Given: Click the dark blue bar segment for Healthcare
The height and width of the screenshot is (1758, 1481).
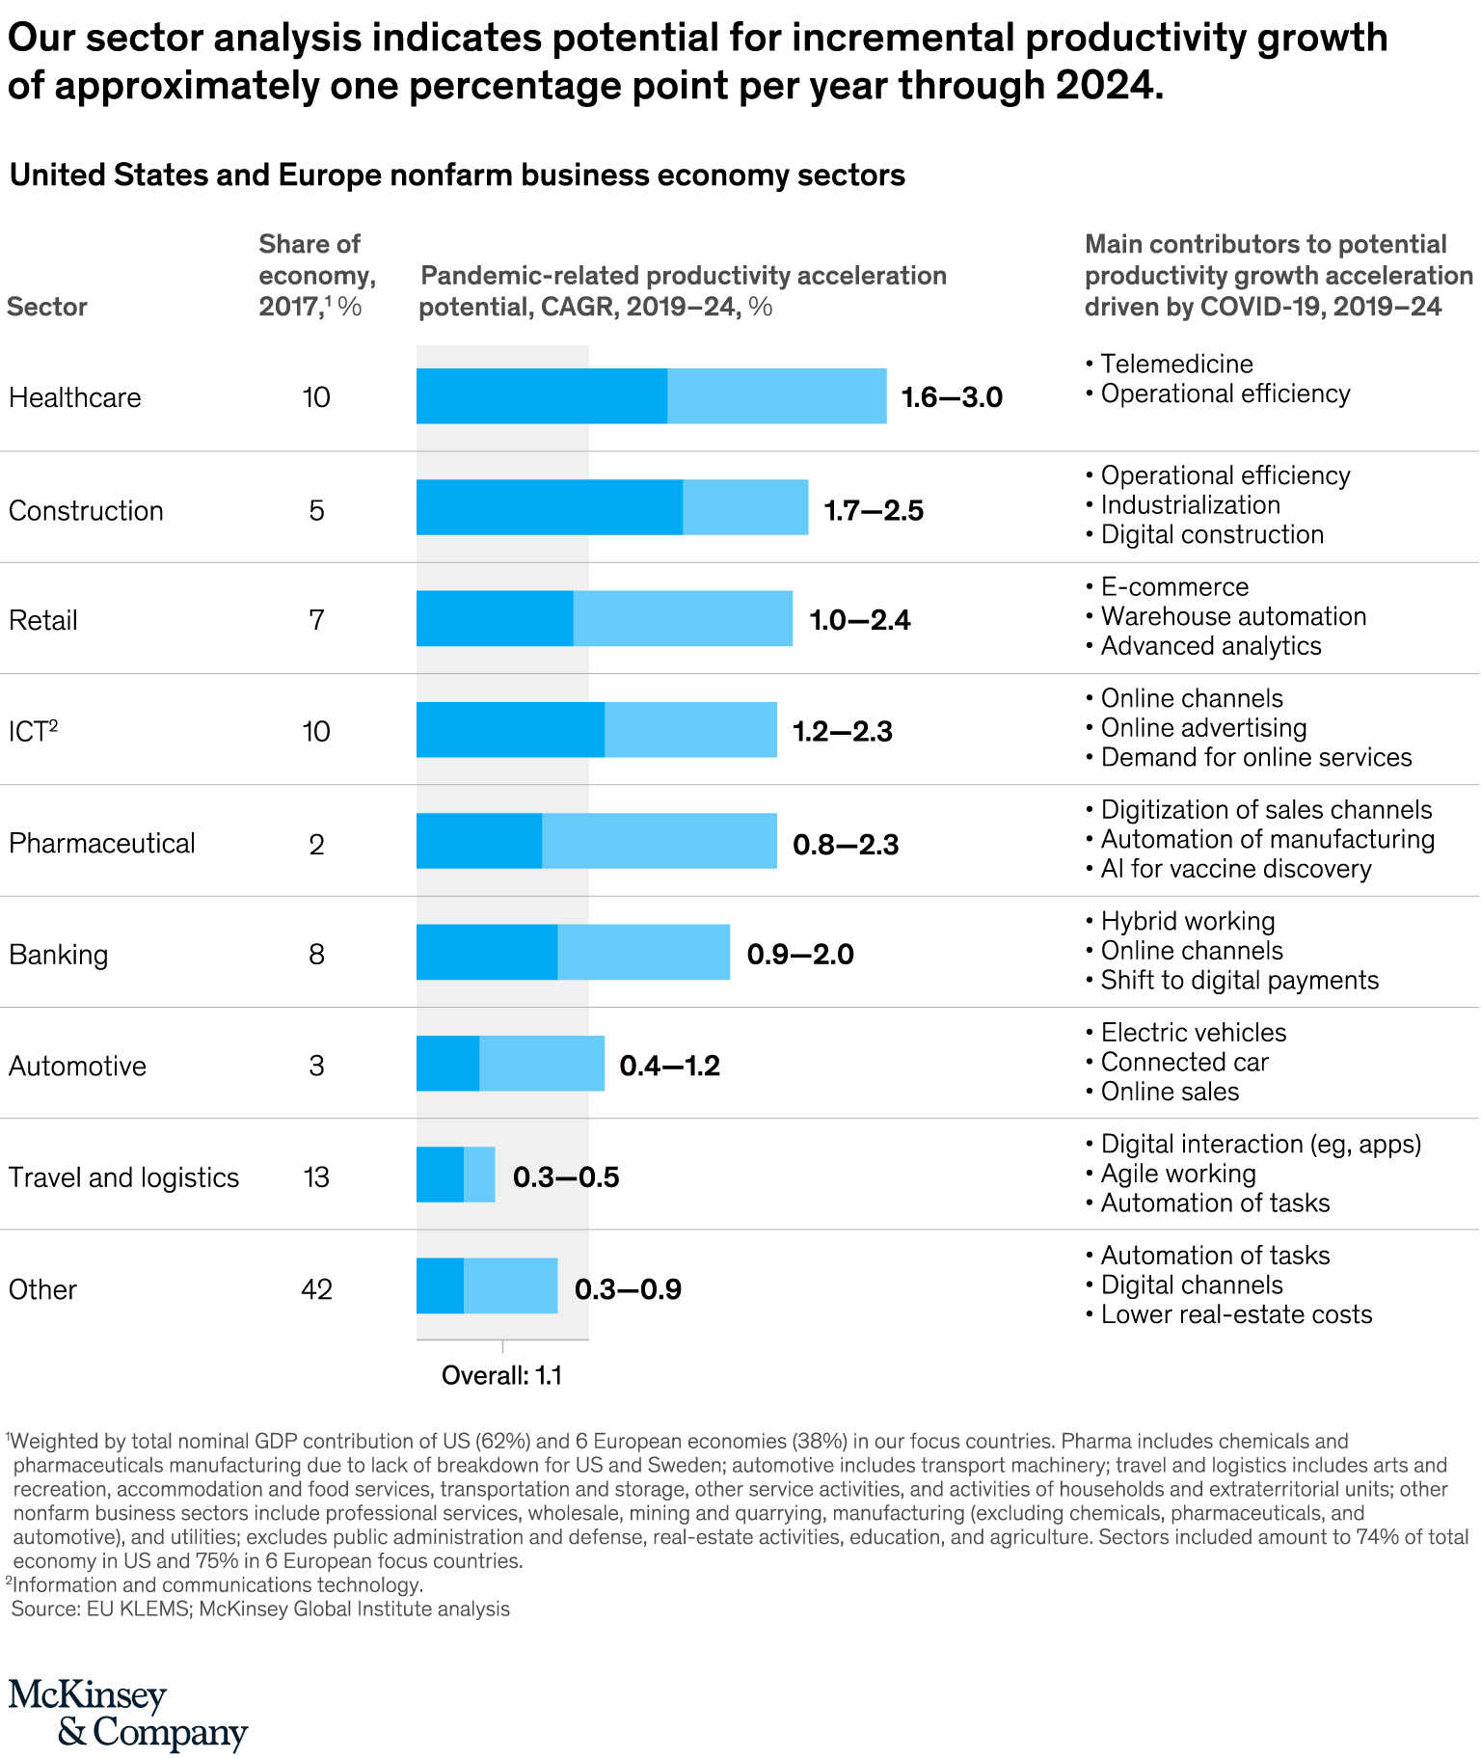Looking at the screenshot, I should pyautogui.click(x=541, y=396).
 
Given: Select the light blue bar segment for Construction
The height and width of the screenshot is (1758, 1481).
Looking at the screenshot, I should pyautogui.click(x=745, y=507).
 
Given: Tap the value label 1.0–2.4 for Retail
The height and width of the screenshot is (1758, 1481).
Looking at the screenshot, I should pyautogui.click(x=859, y=619).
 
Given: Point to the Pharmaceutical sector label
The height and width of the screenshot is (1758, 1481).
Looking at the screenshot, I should pyautogui.click(x=102, y=844).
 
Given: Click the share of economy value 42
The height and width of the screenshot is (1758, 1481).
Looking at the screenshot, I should pyautogui.click(x=316, y=1289).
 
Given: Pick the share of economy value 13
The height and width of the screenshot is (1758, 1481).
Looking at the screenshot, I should pyautogui.click(x=316, y=1177).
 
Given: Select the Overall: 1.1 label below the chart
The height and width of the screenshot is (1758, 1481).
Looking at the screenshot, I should pyautogui.click(x=501, y=1376).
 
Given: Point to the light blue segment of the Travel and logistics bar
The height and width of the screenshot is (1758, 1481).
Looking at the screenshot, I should pyautogui.click(x=479, y=1175).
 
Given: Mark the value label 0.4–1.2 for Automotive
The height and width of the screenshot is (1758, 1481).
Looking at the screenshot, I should pyautogui.click(x=669, y=1066).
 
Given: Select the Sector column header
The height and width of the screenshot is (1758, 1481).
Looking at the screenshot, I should pyautogui.click(x=47, y=307).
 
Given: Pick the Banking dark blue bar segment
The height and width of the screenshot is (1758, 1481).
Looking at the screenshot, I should pyautogui.click(x=487, y=953).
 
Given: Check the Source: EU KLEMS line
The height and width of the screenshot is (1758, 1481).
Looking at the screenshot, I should pyautogui.click(x=260, y=1609).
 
